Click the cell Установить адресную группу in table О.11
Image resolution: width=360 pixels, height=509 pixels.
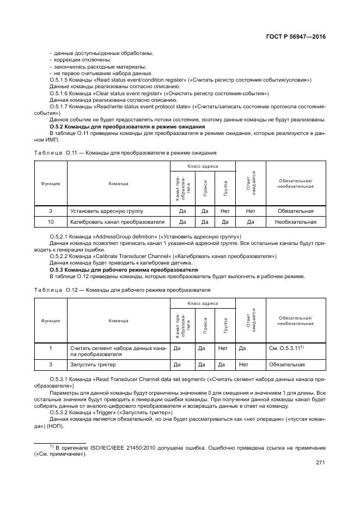coord(105,211)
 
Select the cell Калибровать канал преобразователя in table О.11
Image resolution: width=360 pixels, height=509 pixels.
coord(117,222)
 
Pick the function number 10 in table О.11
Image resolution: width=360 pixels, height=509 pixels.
coord(50,222)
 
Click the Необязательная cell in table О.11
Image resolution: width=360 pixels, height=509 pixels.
coord(296,222)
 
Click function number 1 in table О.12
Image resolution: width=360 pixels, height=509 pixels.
coord(50,348)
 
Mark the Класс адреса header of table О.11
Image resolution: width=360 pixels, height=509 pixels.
coord(203,165)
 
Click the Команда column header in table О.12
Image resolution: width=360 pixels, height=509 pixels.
coord(118,321)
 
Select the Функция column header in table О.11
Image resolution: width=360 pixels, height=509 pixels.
coord(50,183)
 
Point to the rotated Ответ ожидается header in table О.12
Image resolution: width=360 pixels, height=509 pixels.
coord(251,321)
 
